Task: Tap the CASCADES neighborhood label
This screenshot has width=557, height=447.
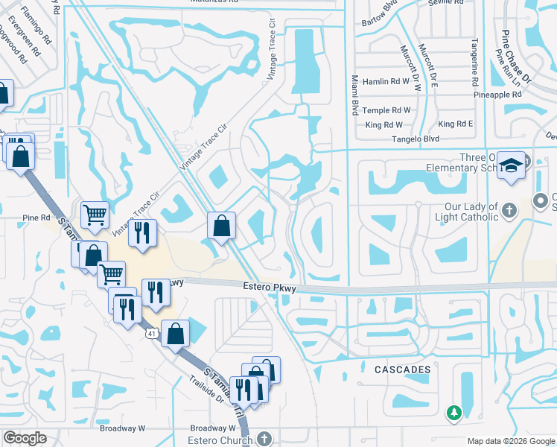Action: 403,370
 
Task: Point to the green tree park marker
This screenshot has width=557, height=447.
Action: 453,411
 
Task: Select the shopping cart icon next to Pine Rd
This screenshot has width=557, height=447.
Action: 95,215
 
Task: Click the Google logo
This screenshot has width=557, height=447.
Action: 25,438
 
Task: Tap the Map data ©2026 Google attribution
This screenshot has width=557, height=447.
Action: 510,441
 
